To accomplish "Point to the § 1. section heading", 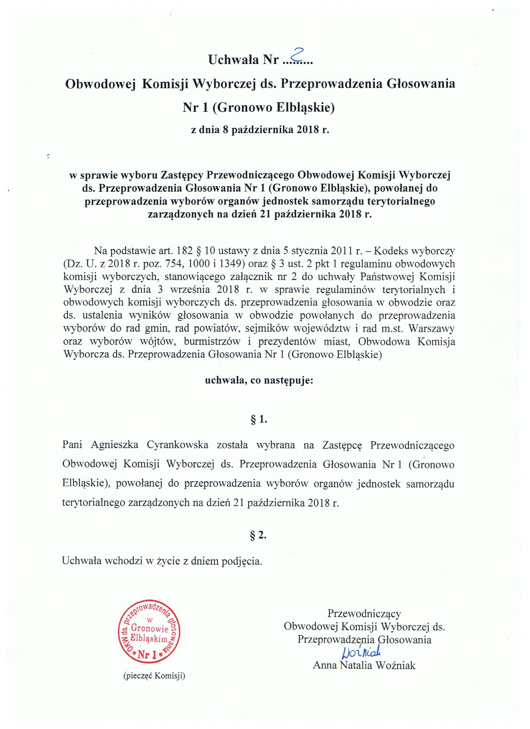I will click(x=259, y=420).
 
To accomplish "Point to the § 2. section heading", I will click(x=259, y=535).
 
